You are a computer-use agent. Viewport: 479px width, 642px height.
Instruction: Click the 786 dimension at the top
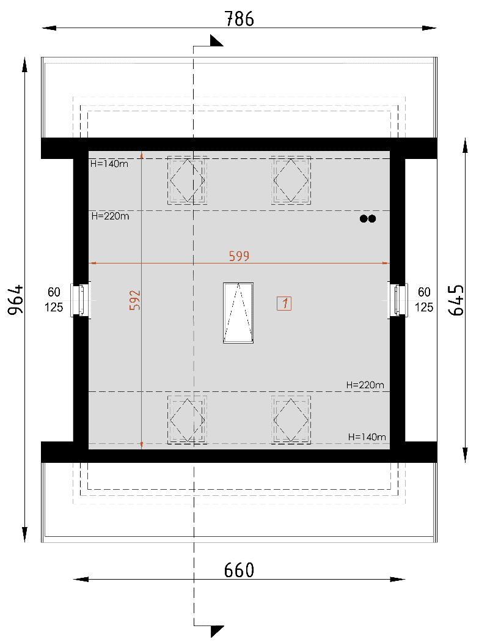[x=239, y=19]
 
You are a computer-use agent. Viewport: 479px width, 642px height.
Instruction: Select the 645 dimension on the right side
[x=456, y=300]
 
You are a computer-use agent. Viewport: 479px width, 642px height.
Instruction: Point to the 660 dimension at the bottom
[x=239, y=570]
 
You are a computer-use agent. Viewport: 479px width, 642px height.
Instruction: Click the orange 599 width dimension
[x=239, y=256]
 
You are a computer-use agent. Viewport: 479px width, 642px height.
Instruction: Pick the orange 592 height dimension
[x=134, y=300]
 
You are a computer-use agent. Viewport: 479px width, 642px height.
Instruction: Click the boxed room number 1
[x=284, y=303]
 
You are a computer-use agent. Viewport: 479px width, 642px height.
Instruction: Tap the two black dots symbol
[x=368, y=219]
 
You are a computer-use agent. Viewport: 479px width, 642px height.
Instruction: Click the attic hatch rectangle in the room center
[x=238, y=313]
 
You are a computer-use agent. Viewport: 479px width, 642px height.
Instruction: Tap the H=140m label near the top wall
[x=109, y=164]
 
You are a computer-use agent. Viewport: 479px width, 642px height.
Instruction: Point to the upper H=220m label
[x=110, y=216]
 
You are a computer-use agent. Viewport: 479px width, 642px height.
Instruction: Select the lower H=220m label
[x=365, y=385]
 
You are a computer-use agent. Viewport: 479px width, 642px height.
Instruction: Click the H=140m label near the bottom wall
[x=367, y=437]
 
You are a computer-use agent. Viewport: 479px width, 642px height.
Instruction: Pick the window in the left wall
[x=81, y=300]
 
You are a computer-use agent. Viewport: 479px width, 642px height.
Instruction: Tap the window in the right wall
[x=398, y=300]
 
